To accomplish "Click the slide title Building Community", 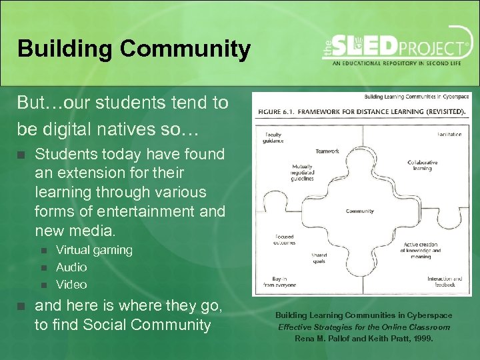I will coord(134,49).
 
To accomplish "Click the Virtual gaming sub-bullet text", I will coord(94,250).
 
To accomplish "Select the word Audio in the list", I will coord(71,267).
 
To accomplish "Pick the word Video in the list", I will coord(71,285).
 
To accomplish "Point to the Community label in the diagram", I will coord(359,211).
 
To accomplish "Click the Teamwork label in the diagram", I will coord(327,151).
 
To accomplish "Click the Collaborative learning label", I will coord(423,165).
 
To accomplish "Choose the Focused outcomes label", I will coord(284,240).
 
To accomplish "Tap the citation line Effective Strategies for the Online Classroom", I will coord(364,327).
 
